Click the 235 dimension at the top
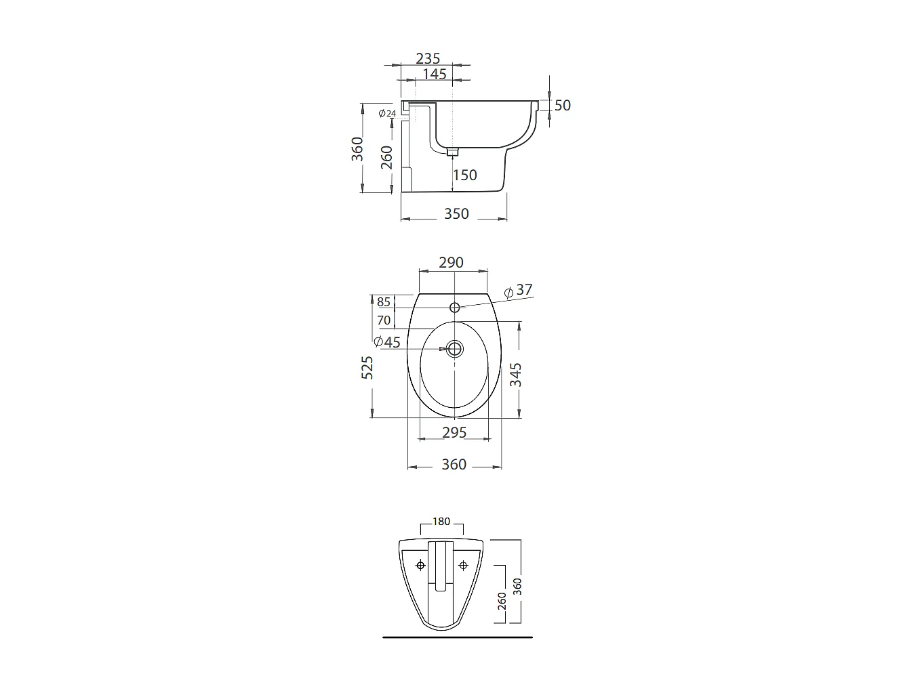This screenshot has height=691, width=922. tap(428, 59)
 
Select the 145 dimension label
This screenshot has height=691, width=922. tap(435, 74)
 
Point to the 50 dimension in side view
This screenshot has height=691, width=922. tap(563, 106)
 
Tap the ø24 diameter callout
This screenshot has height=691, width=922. tap(387, 114)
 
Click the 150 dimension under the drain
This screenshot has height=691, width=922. tap(465, 175)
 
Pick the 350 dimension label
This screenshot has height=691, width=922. tap(456, 214)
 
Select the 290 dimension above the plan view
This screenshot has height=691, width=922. tap(451, 263)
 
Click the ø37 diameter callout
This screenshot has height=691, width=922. tap(519, 291)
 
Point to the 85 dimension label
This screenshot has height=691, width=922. tap(384, 303)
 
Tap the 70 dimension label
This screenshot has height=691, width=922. tap(384, 320)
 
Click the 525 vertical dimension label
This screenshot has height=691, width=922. tap(367, 367)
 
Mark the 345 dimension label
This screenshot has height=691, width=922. tap(516, 375)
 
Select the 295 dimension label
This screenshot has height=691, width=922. tap(454, 432)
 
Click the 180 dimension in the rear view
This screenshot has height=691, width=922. tap(441, 522)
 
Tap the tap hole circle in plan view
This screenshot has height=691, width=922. tap(454, 307)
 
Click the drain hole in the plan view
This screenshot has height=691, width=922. tap(454, 349)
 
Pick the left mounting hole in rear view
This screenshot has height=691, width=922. tap(421, 566)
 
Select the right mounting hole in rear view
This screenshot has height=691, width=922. tap(464, 566)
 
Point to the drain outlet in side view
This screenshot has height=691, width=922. tap(452, 152)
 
